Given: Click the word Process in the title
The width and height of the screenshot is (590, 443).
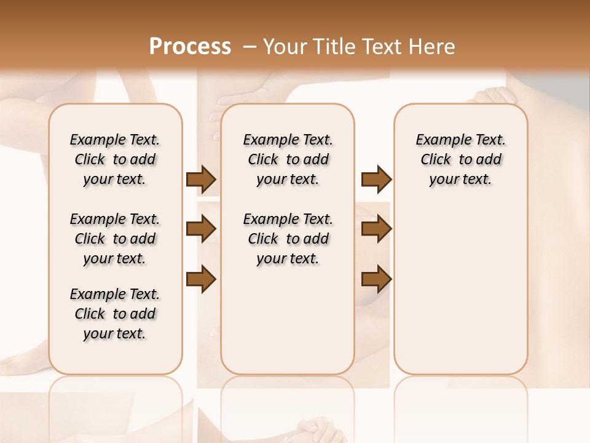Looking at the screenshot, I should pyautogui.click(x=190, y=47).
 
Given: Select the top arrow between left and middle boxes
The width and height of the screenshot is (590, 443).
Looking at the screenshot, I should pyautogui.click(x=201, y=180).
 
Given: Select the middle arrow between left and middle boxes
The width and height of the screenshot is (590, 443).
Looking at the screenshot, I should pyautogui.click(x=201, y=229).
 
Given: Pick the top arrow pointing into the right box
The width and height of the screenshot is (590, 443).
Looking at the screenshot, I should pyautogui.click(x=376, y=180).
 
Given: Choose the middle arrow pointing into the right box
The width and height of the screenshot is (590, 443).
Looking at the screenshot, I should pyautogui.click(x=376, y=229).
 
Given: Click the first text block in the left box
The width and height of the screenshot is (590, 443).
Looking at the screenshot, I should pyautogui.click(x=115, y=159).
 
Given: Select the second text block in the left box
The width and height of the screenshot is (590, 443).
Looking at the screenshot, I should pyautogui.click(x=115, y=239).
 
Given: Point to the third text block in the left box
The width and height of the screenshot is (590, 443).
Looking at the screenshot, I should pyautogui.click(x=115, y=314).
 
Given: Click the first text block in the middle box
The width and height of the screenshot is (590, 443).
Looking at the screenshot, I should pyautogui.click(x=288, y=159).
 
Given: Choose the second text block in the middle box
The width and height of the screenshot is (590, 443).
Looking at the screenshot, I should pyautogui.click(x=288, y=239).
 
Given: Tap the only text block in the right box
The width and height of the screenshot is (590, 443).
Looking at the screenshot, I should pyautogui.click(x=461, y=159).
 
